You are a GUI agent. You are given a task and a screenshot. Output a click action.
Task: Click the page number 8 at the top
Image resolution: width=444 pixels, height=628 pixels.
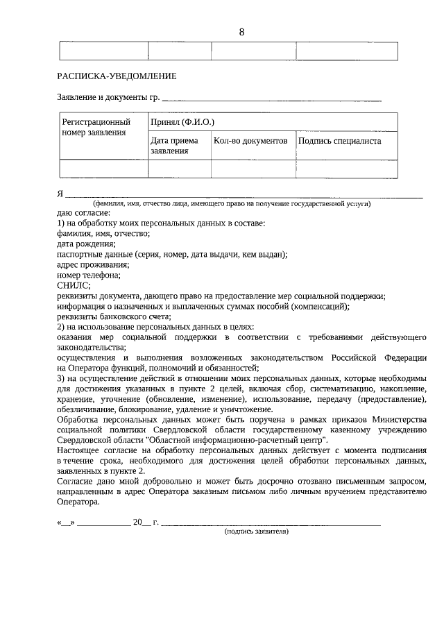241,32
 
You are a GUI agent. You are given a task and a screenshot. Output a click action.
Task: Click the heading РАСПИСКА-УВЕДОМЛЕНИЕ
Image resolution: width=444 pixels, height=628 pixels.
117,76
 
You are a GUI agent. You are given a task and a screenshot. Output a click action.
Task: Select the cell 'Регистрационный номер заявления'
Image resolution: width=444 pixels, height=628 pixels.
96,127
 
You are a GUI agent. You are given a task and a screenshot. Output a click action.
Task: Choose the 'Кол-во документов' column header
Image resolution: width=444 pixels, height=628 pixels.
250,141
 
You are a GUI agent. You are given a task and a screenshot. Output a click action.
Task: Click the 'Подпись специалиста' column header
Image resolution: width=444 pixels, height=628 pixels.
339,141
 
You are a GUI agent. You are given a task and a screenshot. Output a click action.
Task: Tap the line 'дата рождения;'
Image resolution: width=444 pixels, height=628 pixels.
86,244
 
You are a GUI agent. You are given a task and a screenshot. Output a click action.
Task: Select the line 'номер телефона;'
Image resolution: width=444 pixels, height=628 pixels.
89,275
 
